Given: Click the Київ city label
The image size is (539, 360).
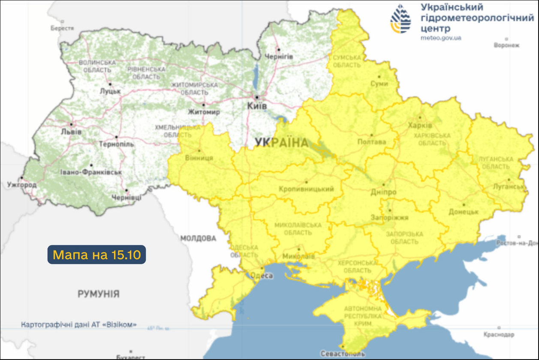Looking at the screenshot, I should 257,105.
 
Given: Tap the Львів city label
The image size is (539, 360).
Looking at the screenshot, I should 71,132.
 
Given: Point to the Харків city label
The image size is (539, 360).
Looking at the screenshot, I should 421,125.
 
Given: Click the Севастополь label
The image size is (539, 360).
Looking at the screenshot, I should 343,354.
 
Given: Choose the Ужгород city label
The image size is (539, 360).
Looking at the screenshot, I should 22,185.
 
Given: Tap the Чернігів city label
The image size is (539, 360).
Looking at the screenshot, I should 279,57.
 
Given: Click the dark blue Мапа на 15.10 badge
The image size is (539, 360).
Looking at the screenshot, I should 96,255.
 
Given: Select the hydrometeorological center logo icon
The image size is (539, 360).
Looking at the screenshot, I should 400,19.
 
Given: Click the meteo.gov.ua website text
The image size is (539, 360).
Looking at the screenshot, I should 441,38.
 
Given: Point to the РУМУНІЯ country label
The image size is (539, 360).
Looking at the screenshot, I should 98,294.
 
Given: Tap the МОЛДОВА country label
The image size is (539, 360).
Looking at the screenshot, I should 198,238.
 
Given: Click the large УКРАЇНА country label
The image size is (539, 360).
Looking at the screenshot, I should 282,142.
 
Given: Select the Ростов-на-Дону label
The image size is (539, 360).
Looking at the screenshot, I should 517,243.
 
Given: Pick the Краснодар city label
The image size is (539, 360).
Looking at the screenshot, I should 498,334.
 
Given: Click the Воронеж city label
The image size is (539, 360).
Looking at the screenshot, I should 506,45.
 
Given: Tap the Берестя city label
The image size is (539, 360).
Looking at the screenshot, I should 62,28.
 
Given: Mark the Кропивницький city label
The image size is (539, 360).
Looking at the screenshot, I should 306,189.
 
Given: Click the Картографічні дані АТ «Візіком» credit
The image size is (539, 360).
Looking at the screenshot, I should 79,324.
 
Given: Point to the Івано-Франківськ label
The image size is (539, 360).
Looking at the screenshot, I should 91,172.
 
